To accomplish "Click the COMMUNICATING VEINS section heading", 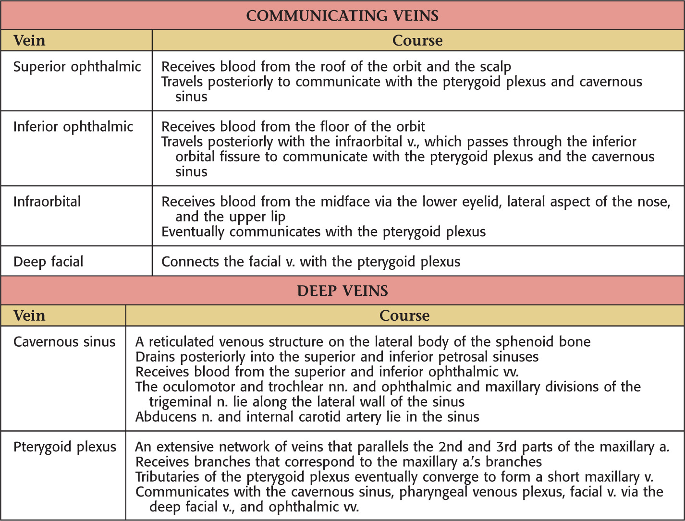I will click(342, 16).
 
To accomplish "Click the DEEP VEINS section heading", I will click(342, 291).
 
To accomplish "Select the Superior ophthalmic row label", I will click(77, 66).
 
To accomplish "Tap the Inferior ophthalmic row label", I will click(73, 127).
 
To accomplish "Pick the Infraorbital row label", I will click(47, 201).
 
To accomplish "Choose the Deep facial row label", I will click(48, 262).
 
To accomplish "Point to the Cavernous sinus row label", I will click(64, 341).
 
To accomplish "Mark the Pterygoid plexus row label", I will click(64, 447).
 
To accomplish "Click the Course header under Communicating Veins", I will click(417, 40).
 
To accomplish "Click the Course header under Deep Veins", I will click(404, 315).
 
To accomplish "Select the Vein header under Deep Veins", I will click(29, 315).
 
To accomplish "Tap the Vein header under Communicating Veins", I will click(29, 40).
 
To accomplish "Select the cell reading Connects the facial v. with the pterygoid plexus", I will click(311, 262).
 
